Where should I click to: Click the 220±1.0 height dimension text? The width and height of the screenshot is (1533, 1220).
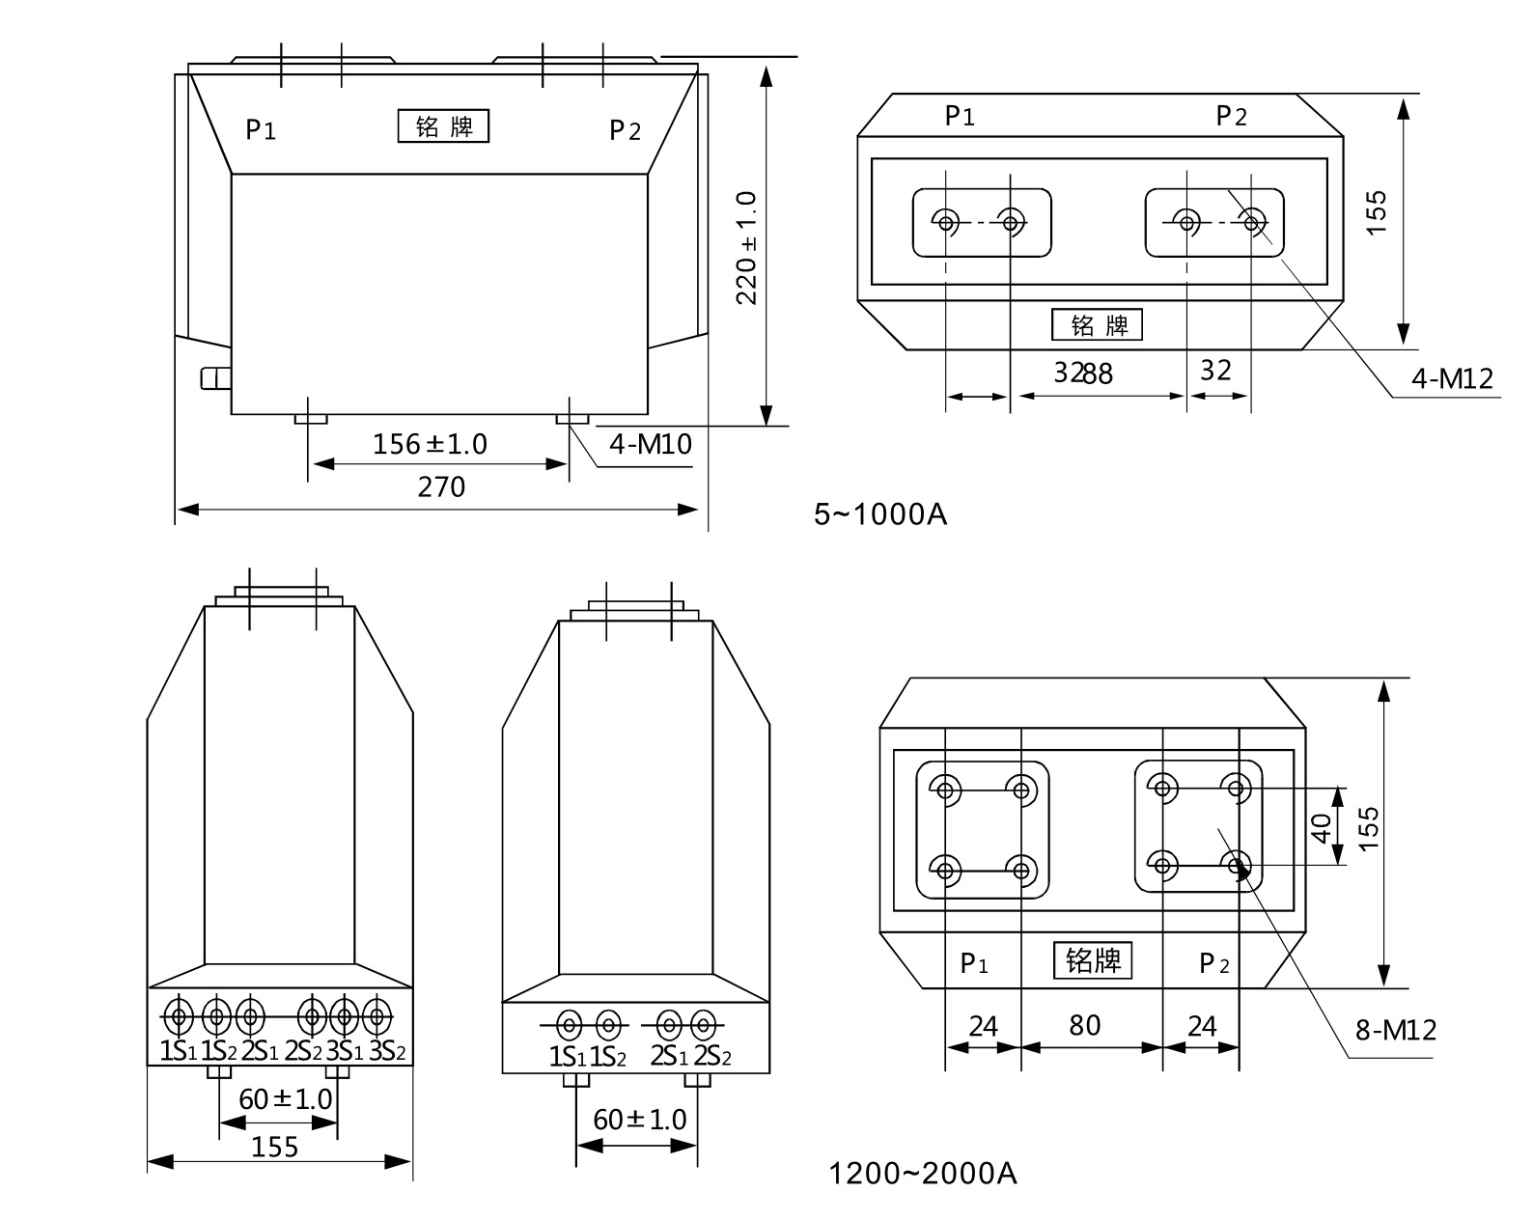(x=746, y=247)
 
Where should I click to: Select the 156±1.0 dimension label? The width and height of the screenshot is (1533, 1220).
(x=430, y=444)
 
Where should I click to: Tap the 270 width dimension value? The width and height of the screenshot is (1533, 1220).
(x=441, y=486)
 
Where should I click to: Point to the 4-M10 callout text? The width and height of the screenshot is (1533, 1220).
(x=651, y=444)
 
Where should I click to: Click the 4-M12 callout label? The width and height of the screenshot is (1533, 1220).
(x=1452, y=378)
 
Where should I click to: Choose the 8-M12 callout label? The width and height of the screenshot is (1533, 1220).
(x=1395, y=1031)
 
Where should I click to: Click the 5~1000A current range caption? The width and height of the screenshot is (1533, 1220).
(x=880, y=514)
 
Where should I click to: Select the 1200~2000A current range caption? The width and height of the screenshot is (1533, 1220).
(x=923, y=1174)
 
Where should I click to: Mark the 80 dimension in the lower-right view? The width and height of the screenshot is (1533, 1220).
(x=1084, y=1025)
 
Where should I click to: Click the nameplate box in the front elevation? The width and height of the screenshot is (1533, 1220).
(x=443, y=126)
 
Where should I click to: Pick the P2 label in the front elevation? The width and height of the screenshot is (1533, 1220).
(x=625, y=129)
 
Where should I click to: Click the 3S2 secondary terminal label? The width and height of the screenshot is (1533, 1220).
(x=387, y=1050)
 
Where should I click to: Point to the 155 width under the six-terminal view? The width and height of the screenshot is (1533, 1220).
(x=275, y=1147)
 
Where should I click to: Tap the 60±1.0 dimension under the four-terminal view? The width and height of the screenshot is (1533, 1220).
(x=639, y=1120)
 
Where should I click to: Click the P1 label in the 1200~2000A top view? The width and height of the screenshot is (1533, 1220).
(x=973, y=963)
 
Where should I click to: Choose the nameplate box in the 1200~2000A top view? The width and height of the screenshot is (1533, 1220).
(x=1092, y=960)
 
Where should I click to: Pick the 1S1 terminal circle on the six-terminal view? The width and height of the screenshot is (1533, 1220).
(x=178, y=1015)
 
